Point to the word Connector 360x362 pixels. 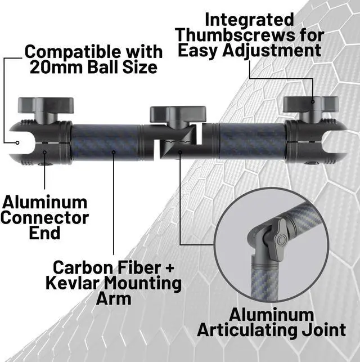pos(45,217)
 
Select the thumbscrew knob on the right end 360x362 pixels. pos(310,105)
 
